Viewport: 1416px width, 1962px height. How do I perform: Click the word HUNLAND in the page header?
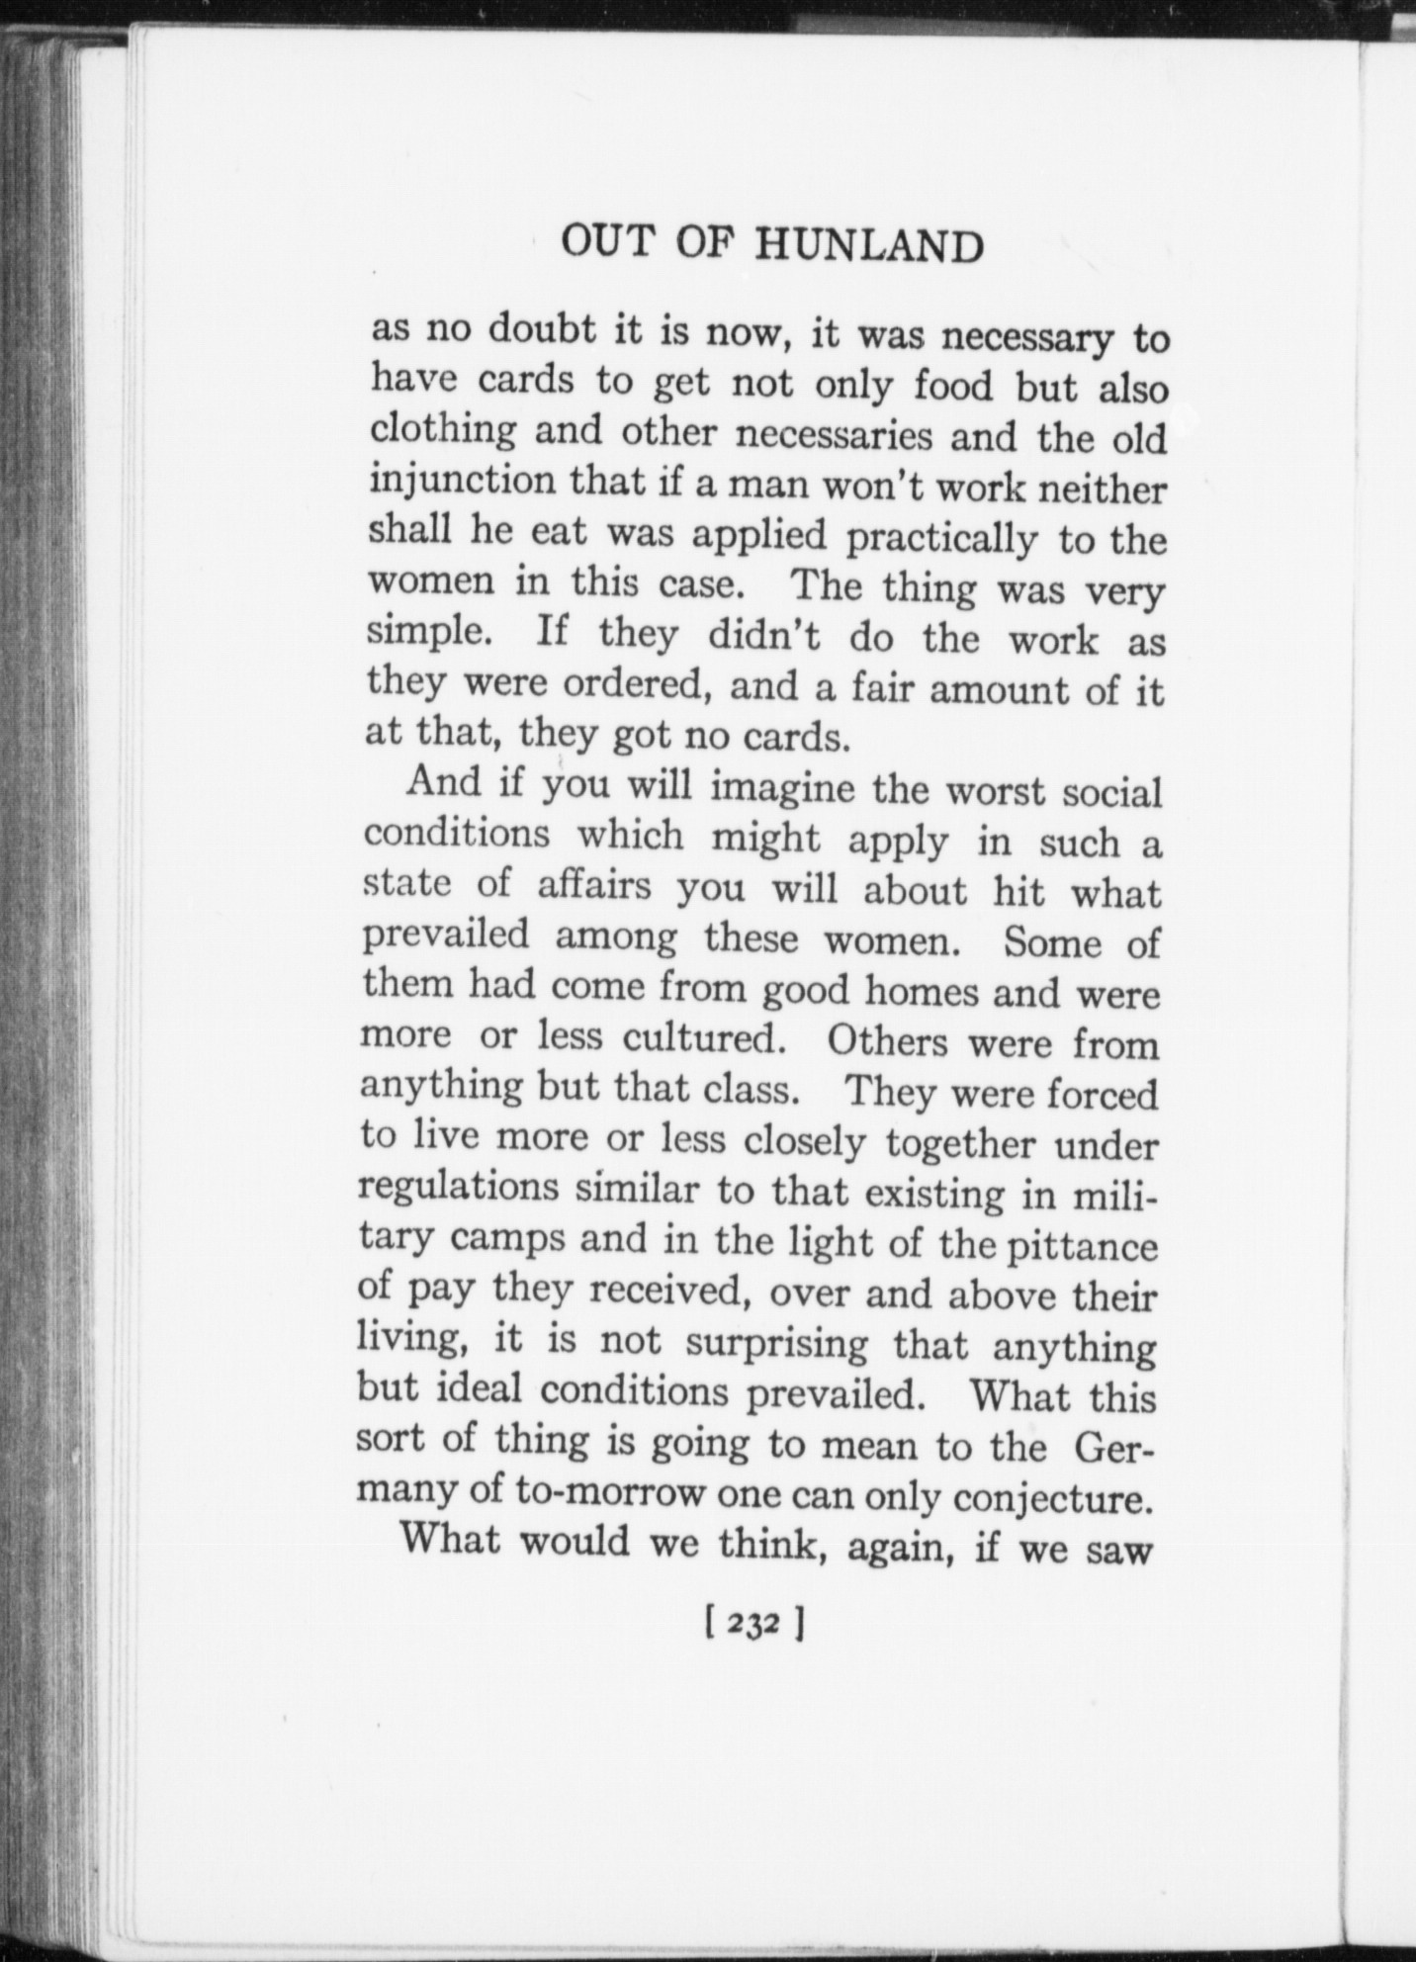869,245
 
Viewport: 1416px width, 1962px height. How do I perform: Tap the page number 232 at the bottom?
755,1624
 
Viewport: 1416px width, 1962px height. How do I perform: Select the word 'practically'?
940,539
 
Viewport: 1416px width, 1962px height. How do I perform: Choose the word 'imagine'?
781,789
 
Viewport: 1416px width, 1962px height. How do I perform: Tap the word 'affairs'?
594,884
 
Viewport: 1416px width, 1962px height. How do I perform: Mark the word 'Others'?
887,1041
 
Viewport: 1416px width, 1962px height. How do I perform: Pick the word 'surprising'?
777,1343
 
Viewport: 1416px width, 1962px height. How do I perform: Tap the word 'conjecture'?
1052,1499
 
